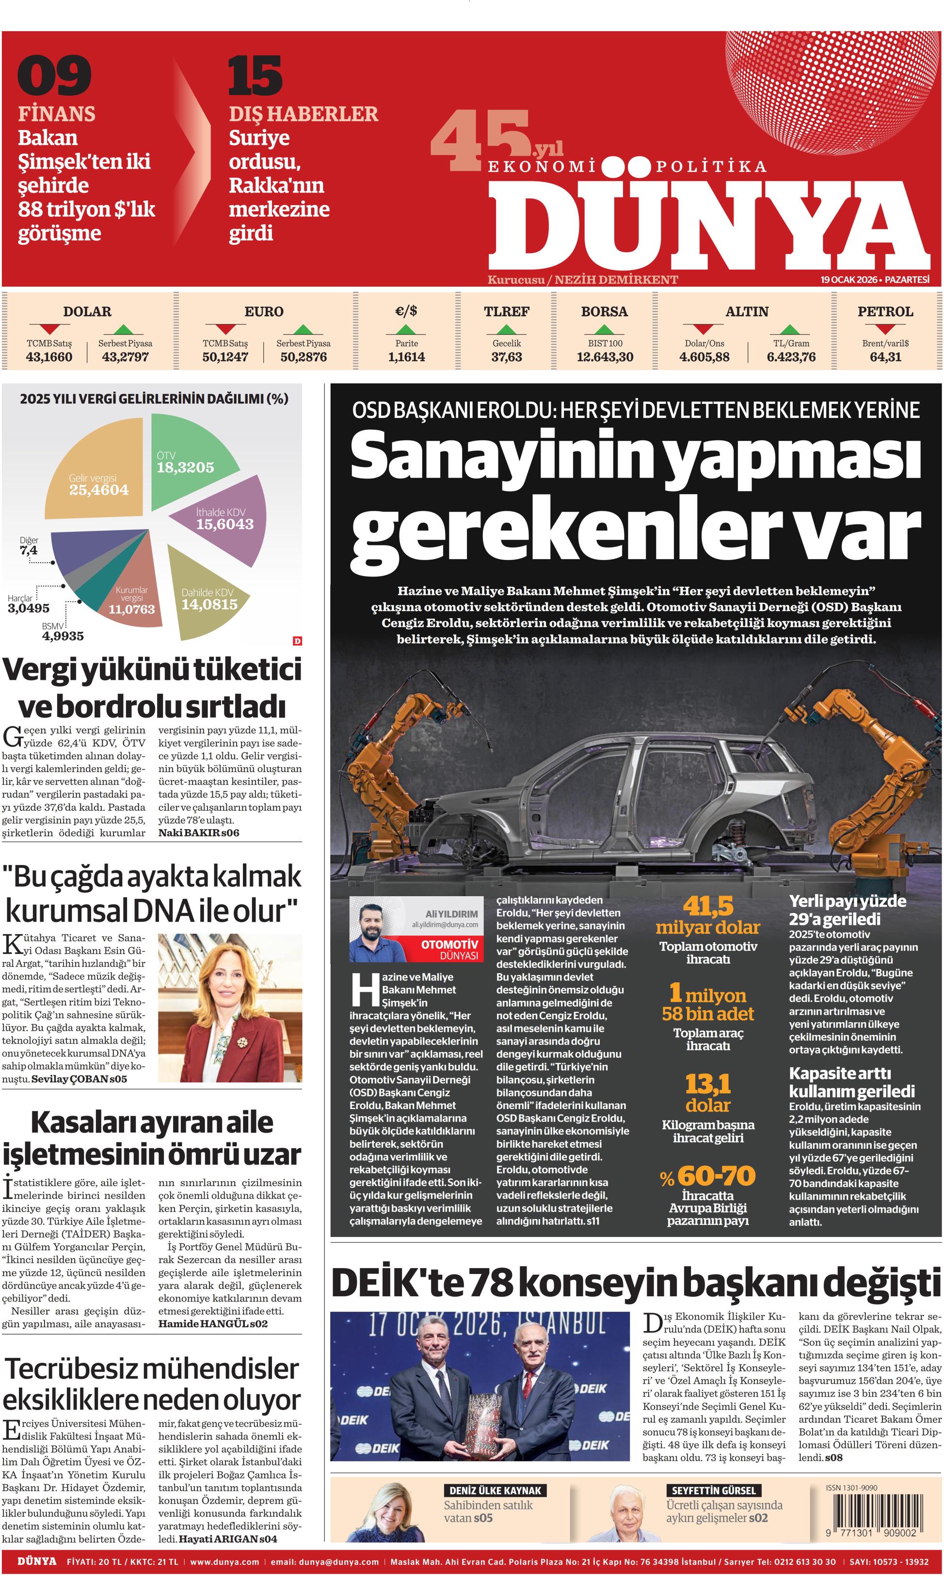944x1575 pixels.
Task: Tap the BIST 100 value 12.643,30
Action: (x=604, y=357)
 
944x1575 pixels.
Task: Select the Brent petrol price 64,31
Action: (x=885, y=357)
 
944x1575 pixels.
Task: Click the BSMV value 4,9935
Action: (x=63, y=635)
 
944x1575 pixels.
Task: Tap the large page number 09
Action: (x=55, y=75)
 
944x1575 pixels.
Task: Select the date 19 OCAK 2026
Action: (x=849, y=279)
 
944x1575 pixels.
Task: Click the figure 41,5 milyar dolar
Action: (x=708, y=916)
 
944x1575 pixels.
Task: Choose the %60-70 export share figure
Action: (x=708, y=1175)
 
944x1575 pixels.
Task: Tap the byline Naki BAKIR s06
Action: (x=198, y=833)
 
